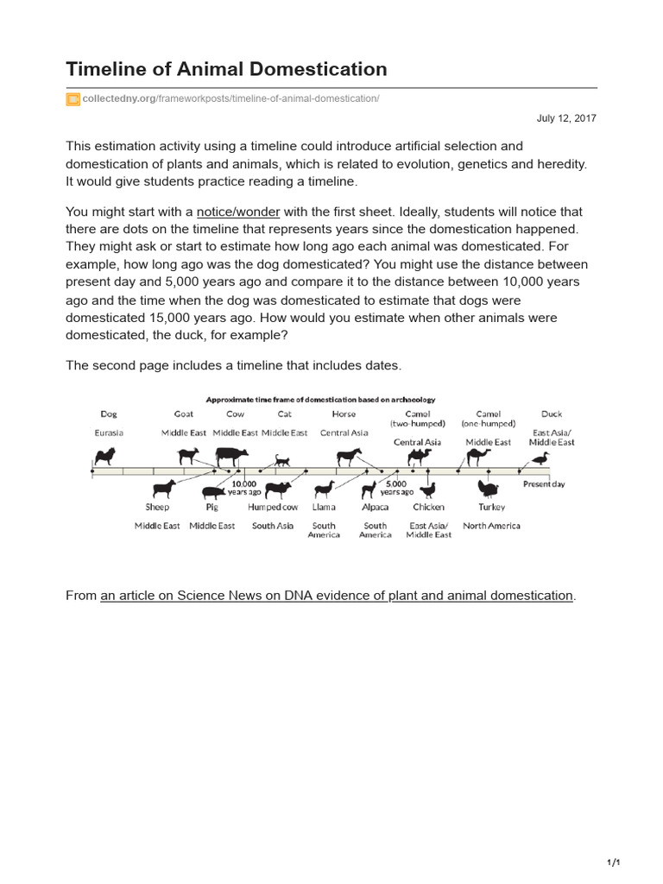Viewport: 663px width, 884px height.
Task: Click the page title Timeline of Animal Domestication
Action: (226, 69)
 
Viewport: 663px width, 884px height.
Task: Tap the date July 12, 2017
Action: (566, 118)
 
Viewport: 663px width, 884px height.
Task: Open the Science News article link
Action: (337, 596)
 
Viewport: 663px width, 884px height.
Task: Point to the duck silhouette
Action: (540, 458)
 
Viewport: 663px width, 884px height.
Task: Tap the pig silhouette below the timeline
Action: (212, 492)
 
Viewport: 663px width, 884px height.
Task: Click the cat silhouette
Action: (282, 460)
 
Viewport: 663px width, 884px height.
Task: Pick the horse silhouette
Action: (349, 457)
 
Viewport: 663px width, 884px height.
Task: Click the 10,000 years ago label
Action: (244, 488)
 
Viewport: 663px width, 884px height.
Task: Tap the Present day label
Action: (544, 484)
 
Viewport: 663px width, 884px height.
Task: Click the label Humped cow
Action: (273, 508)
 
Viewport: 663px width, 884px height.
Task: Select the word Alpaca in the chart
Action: (375, 508)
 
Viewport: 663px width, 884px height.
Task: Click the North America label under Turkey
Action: (491, 526)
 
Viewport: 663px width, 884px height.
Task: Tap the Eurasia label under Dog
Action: (109, 433)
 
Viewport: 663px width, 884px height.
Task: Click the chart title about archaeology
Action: (320, 400)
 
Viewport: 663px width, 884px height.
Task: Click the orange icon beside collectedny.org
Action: (73, 99)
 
